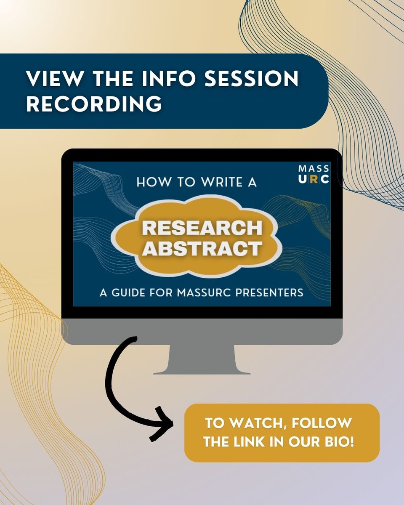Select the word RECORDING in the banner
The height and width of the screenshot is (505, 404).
[x=94, y=103]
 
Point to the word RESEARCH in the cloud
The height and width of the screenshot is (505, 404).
[x=202, y=229]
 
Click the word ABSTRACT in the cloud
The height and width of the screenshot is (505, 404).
[x=202, y=249]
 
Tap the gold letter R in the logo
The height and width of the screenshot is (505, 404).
[x=315, y=179]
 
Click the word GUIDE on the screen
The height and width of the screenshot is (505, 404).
[x=127, y=292]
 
